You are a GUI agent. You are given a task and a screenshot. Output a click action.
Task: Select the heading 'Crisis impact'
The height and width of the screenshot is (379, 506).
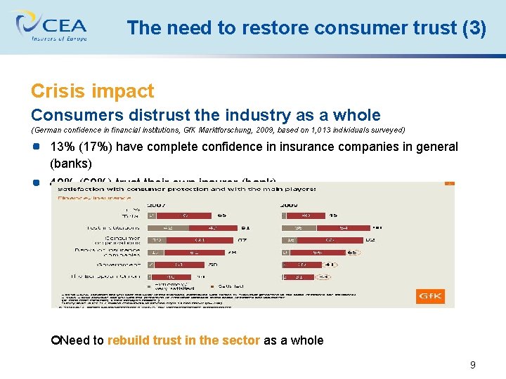[x=92, y=91]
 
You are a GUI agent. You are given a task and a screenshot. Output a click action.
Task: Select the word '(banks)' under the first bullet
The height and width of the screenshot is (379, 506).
[x=70, y=164]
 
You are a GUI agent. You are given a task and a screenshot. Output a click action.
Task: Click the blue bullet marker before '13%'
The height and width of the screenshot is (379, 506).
[x=36, y=147]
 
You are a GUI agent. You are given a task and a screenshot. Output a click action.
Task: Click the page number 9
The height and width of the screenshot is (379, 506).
[x=472, y=364]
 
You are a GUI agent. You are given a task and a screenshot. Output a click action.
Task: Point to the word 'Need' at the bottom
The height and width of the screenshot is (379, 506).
[x=74, y=340]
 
